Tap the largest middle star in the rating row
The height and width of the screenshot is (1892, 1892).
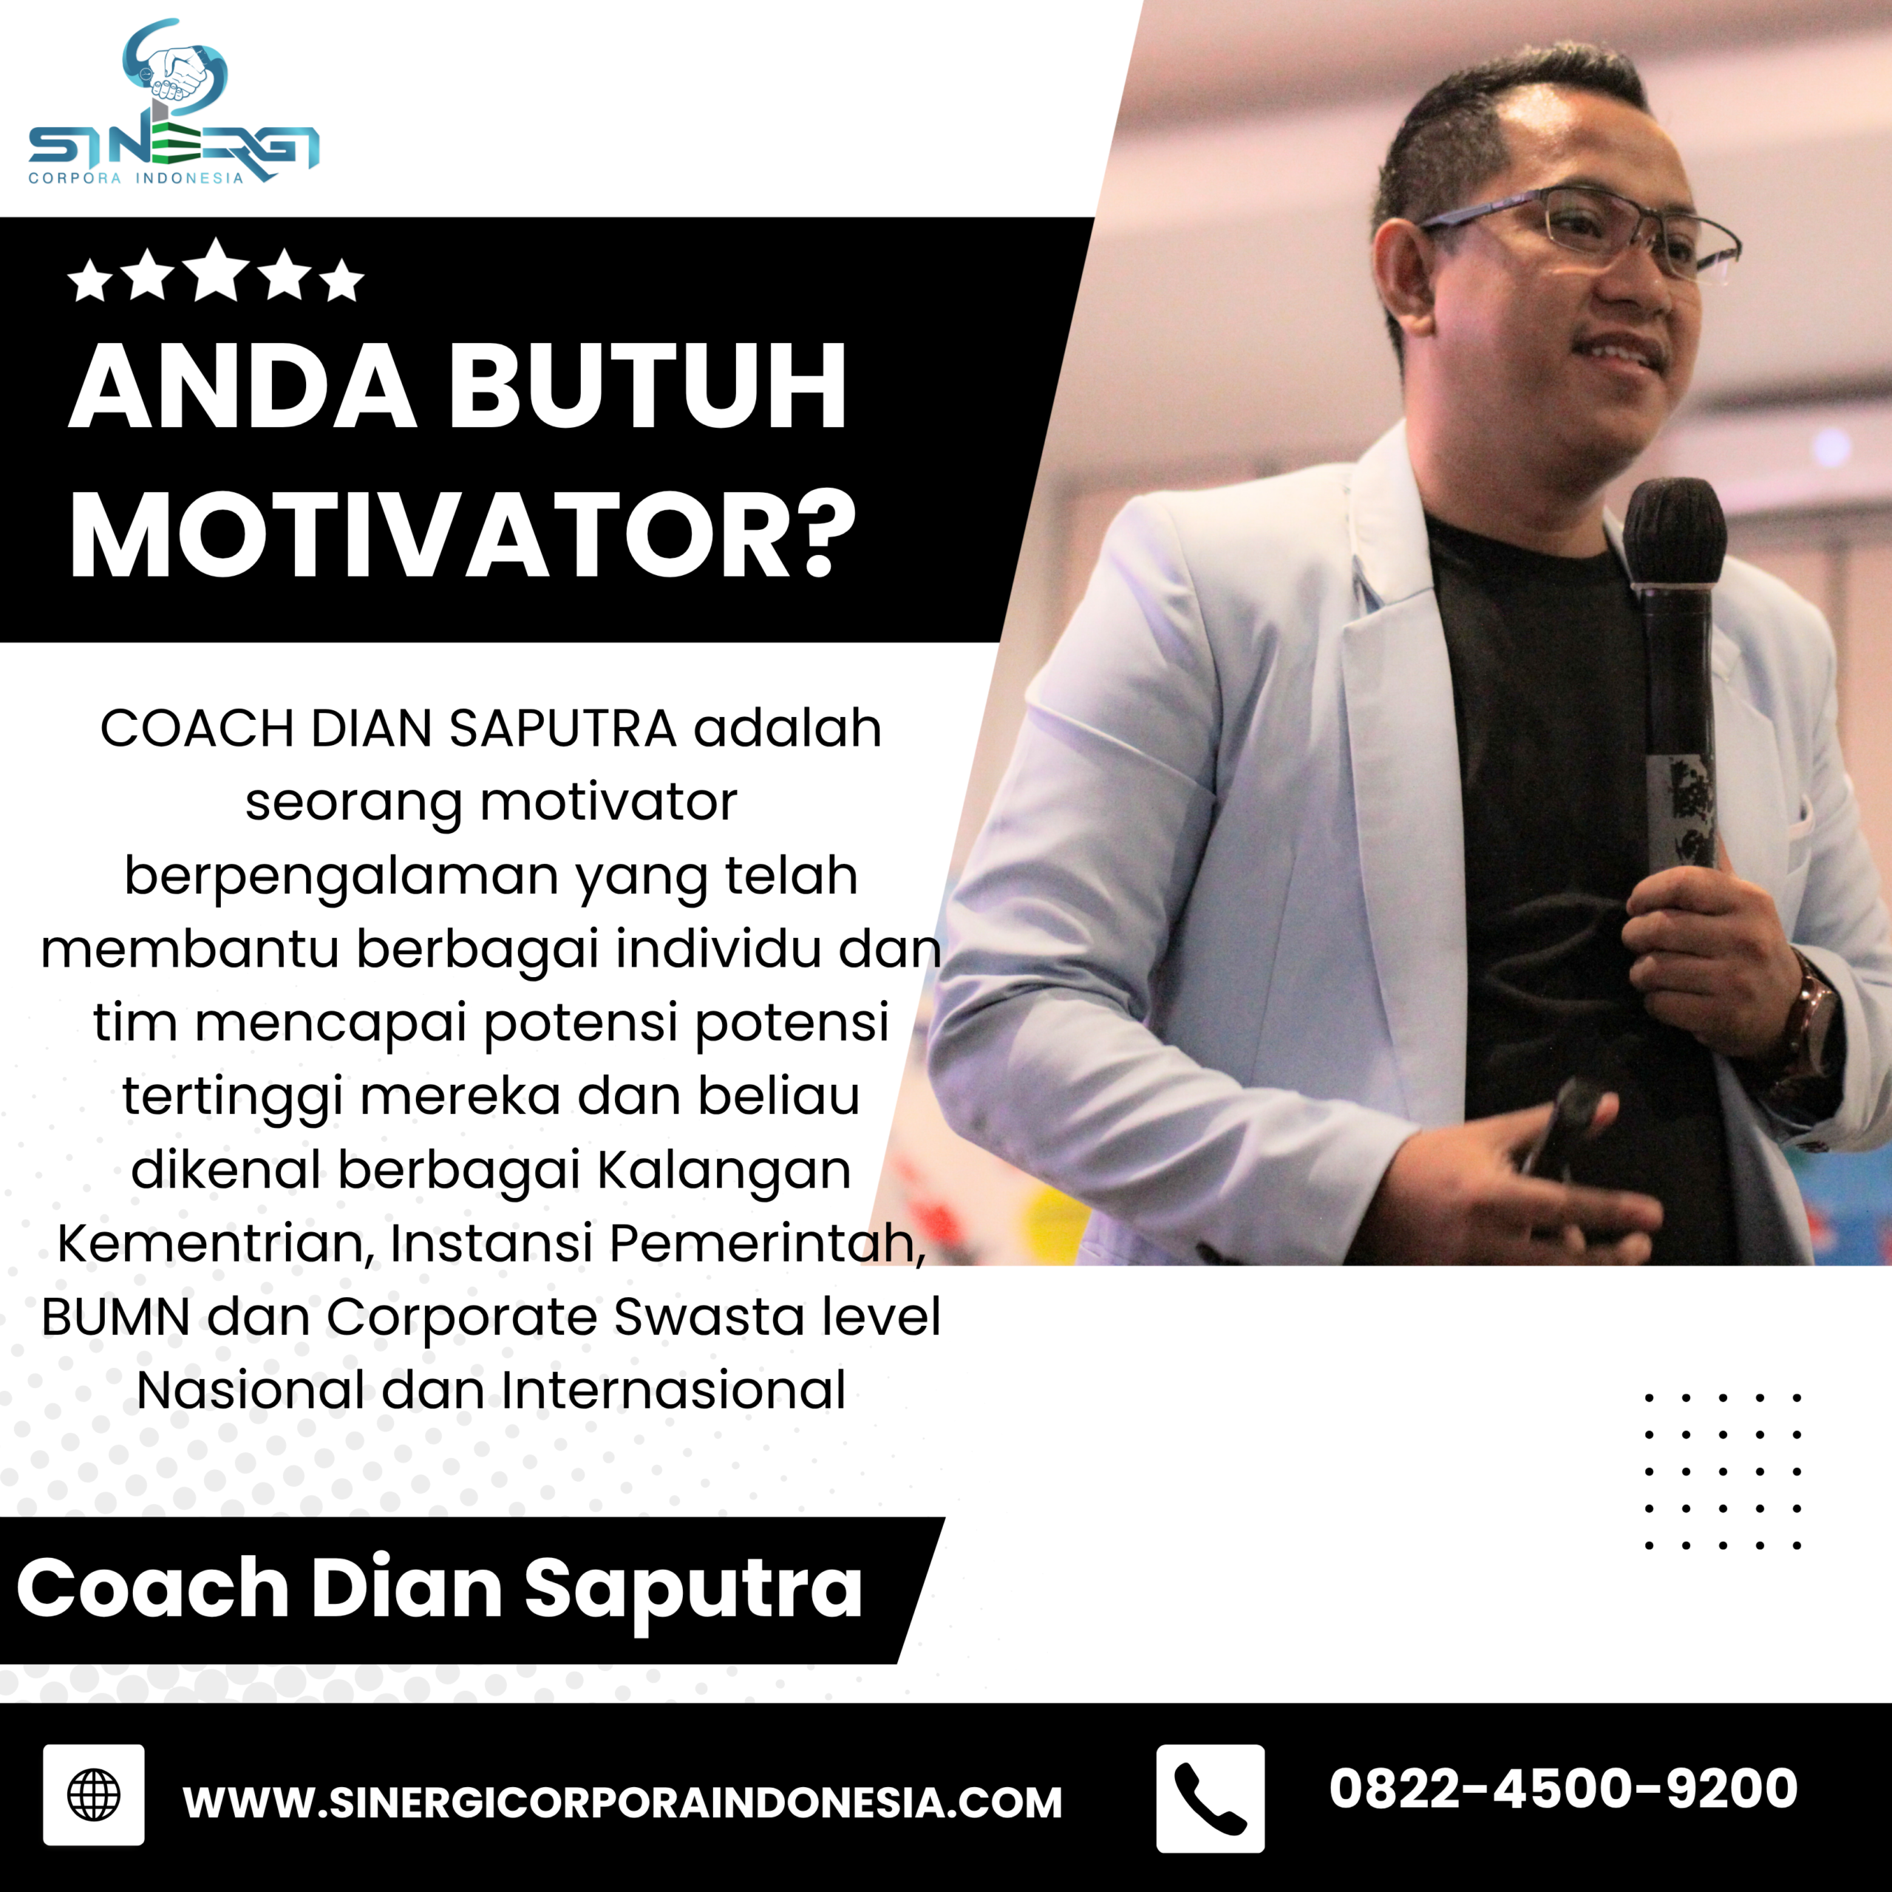click(x=217, y=271)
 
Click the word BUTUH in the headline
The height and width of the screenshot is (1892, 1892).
click(x=647, y=387)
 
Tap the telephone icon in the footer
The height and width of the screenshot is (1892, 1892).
click(x=1211, y=1798)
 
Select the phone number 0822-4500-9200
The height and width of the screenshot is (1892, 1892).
click(x=1563, y=1789)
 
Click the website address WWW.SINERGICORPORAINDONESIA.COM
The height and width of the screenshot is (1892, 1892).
click(x=623, y=1802)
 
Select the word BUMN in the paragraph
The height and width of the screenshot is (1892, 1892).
click(x=115, y=1317)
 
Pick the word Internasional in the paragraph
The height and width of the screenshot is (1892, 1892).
click(x=674, y=1391)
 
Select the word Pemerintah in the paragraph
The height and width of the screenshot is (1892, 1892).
click(x=767, y=1244)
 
